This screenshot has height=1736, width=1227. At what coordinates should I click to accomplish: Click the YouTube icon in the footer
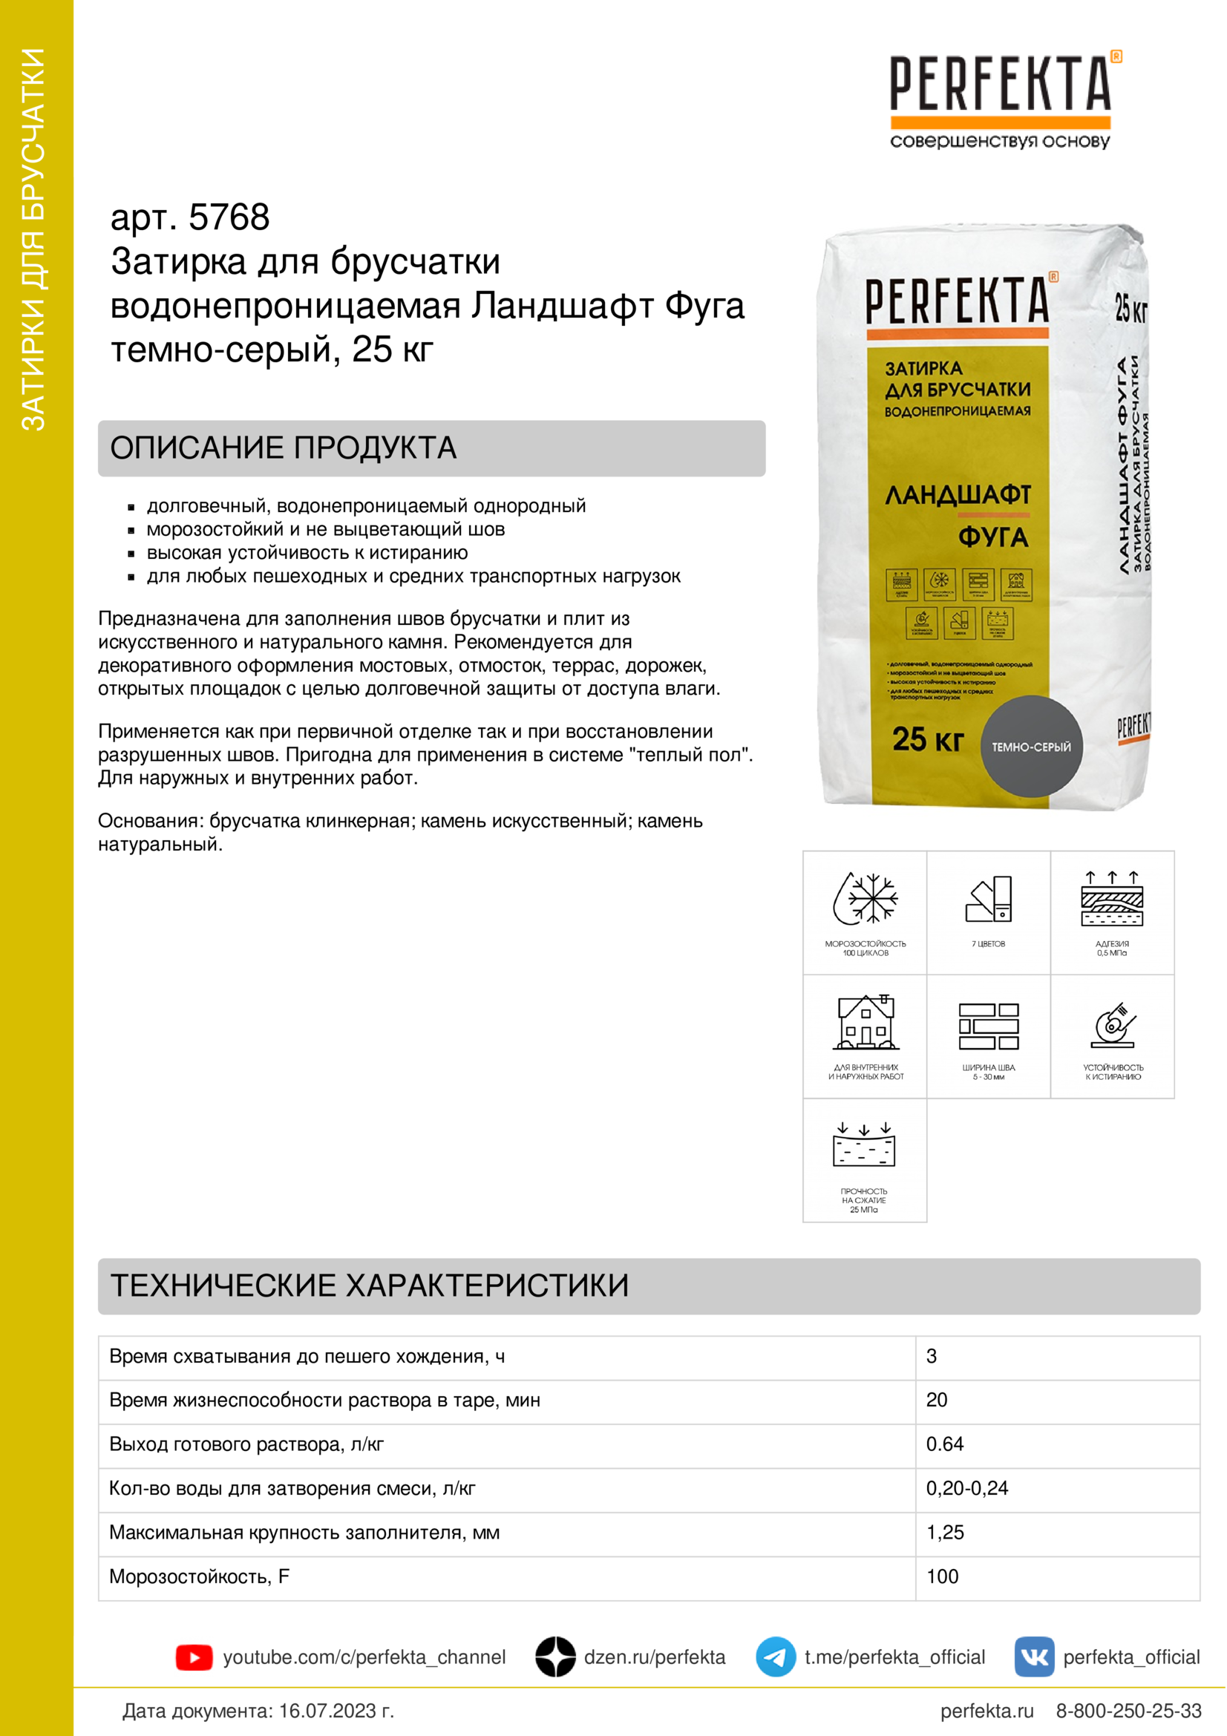click(x=194, y=1657)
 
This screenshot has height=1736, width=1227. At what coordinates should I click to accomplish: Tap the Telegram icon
click(x=775, y=1657)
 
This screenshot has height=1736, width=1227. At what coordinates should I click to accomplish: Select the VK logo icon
click(x=1033, y=1657)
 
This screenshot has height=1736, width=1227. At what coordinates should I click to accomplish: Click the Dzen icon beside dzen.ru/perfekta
click(x=555, y=1657)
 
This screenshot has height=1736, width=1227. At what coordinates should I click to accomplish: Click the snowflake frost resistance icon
click(x=865, y=899)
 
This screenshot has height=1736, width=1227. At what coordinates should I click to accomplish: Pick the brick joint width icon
click(x=988, y=1026)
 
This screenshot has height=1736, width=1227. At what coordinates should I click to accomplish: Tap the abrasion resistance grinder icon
click(x=1113, y=1024)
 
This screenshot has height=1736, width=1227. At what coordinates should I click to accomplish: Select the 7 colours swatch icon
click(x=989, y=899)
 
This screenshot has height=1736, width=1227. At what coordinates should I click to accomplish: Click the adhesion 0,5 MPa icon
click(x=1112, y=899)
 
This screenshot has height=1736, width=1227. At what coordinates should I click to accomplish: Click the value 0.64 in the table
click(x=945, y=1444)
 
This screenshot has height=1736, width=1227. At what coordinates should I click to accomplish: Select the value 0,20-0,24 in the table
click(x=967, y=1488)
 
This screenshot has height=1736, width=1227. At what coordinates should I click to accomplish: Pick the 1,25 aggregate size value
click(x=945, y=1533)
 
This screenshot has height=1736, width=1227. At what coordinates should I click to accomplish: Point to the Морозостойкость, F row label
click(x=200, y=1576)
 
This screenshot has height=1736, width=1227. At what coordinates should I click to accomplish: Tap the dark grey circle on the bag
click(x=1031, y=746)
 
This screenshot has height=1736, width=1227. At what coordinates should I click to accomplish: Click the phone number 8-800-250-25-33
click(x=1128, y=1711)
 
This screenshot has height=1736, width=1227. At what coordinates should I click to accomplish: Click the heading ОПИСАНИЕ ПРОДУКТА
click(x=284, y=448)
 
